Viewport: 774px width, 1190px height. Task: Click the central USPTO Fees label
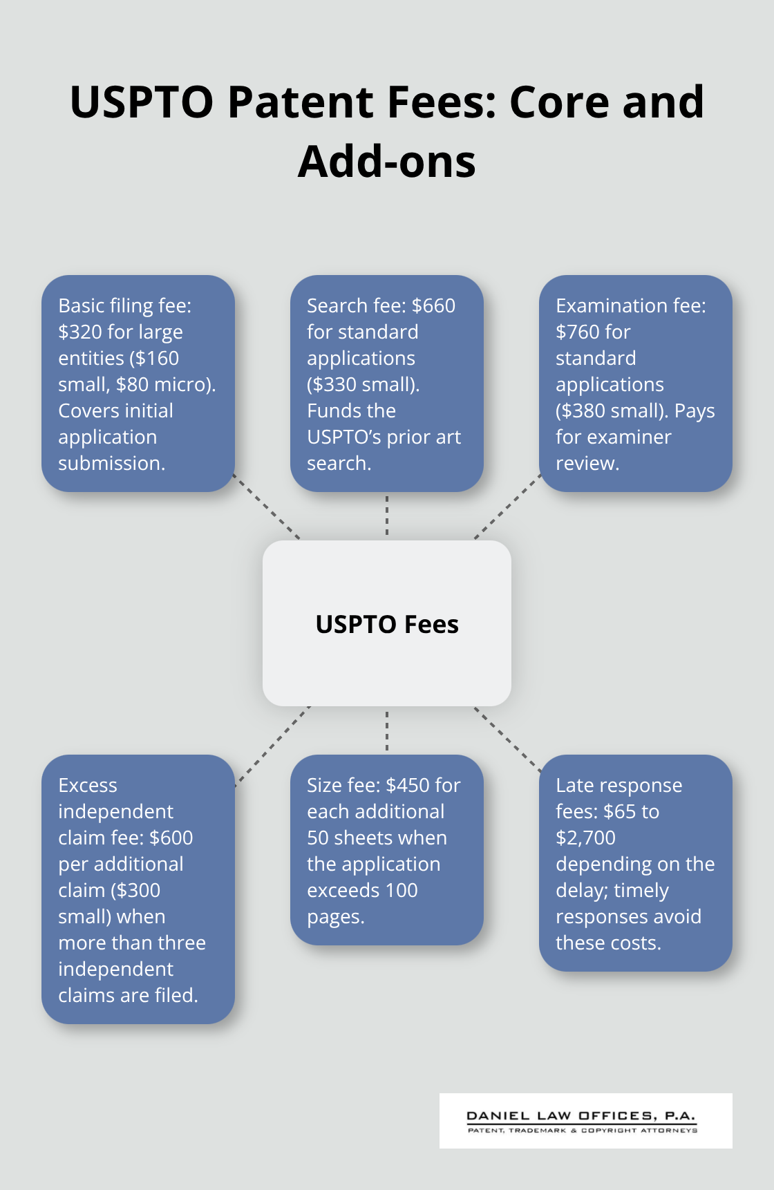[387, 624]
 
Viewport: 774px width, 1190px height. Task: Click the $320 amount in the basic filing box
[80, 332]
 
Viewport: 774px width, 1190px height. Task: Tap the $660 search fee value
[434, 306]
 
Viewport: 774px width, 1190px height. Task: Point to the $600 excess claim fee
[171, 838]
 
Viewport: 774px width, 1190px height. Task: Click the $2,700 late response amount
[585, 838]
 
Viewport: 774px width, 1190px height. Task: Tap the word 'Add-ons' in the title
[387, 162]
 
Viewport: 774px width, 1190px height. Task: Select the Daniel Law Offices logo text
[581, 1115]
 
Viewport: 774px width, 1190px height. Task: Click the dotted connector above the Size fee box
[387, 731]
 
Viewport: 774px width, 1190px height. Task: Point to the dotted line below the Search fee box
[387, 515]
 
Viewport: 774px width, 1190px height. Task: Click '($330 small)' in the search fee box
[363, 385]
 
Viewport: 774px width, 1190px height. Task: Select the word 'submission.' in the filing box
[112, 464]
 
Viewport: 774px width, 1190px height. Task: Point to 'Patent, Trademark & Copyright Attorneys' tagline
[583, 1131]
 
